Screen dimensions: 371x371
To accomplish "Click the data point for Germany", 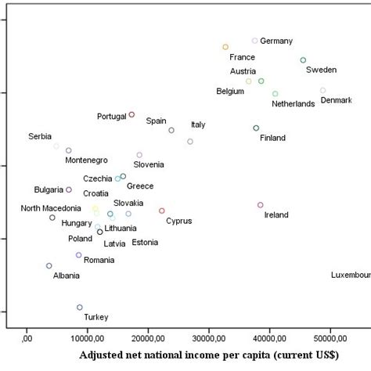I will pos(254,41).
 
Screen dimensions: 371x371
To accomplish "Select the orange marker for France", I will pos(225,47).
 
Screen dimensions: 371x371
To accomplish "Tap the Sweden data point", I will pos(303,60).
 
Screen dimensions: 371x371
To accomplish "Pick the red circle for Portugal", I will pos(131,114).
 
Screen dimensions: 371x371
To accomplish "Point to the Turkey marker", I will pos(80,308).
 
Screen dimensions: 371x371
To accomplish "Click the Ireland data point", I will pos(261,205).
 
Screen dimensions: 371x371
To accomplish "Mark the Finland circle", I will pos(256,128).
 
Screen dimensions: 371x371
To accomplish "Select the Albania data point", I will pos(49,266).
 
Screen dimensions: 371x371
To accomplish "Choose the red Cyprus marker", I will pos(162,211).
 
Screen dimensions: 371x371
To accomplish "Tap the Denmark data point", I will pos(322,91).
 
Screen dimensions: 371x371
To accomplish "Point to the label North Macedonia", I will pos(51,208).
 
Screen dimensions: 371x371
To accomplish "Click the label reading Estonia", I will pos(145,243).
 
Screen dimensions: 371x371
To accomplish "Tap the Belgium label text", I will pos(231,92).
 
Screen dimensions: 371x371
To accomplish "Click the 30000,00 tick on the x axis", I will pos(209,337).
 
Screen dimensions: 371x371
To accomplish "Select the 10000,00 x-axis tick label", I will pos(88,337).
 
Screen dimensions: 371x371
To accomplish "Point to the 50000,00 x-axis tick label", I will pos(330,337).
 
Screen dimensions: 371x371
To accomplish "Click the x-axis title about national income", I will pos(209,355).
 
